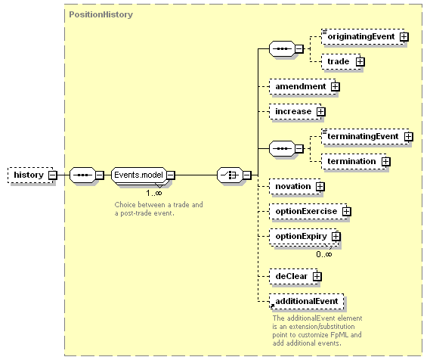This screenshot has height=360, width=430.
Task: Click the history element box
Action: (x=30, y=175)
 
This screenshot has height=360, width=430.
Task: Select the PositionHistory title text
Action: (x=101, y=14)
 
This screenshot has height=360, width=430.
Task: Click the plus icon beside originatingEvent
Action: (x=404, y=37)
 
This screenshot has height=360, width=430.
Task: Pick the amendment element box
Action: (x=302, y=87)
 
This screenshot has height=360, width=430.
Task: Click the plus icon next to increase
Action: (x=320, y=112)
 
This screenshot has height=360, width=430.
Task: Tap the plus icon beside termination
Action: (x=386, y=161)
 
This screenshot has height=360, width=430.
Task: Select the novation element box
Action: (x=295, y=187)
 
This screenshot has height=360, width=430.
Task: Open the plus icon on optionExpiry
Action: (x=336, y=236)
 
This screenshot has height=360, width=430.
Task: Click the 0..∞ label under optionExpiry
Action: (x=324, y=254)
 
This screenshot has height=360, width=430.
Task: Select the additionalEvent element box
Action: (x=306, y=301)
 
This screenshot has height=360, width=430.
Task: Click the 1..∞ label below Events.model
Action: (x=154, y=193)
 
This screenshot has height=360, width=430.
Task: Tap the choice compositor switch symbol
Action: (x=230, y=175)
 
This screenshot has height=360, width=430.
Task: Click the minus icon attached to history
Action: (x=53, y=175)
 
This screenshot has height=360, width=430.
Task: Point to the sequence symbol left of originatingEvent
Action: (x=282, y=49)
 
